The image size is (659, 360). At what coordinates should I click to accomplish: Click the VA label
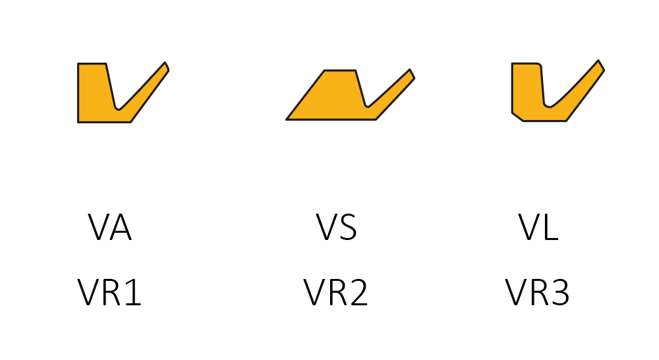110,227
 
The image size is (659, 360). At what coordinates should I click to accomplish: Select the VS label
336,227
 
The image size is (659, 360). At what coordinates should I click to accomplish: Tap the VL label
538,227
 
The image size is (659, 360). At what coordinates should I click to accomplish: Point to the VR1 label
109,293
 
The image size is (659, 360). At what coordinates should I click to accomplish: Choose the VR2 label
336,293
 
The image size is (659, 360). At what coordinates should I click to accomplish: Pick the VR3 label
538,293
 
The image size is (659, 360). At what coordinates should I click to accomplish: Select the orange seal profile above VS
329,99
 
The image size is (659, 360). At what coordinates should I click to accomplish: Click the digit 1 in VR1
132,293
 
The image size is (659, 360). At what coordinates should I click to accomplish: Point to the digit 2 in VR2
357,293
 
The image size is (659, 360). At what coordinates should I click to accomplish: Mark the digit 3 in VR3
559,293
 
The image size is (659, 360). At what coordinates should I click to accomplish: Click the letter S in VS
347,227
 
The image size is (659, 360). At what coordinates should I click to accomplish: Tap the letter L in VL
550,227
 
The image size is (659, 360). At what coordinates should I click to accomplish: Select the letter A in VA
121,227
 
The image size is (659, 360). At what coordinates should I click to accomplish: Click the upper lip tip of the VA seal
165,65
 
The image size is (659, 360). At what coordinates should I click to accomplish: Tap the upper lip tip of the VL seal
600,65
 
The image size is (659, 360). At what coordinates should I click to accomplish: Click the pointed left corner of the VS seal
288,119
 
